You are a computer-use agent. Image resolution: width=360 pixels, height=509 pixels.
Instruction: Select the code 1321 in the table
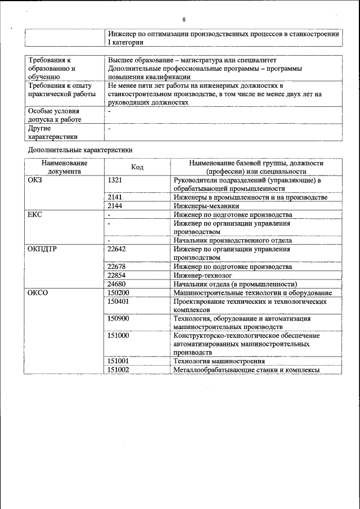pos(115,181)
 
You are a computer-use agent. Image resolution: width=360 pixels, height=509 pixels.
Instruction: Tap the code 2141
pos(115,197)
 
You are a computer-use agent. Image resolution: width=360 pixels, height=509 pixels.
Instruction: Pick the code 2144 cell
pos(115,206)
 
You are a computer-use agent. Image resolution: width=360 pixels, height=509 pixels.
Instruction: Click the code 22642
pos(116,249)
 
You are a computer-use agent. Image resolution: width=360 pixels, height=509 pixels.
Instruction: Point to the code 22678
pos(116,266)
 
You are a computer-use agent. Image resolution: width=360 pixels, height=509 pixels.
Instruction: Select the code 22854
pos(116,275)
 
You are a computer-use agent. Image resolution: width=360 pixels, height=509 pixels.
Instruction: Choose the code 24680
pos(116,284)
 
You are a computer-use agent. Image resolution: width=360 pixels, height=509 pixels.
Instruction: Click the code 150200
pos(118,292)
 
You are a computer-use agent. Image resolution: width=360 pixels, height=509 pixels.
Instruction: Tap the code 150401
pos(118,301)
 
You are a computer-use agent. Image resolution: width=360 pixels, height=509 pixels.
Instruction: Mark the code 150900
pos(118,318)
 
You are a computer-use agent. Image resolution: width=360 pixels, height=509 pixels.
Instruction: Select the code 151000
pos(118,335)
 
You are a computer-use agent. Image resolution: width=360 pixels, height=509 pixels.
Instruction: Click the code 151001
pos(118,361)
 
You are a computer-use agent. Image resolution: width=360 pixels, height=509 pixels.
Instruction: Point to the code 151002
pos(118,370)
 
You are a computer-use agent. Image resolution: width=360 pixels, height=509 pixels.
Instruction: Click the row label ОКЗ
pos(35,181)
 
